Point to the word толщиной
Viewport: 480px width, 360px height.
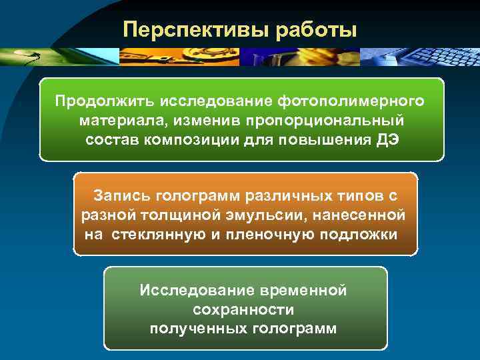pos(174,215)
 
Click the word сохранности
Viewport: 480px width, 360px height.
pos(243,310)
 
